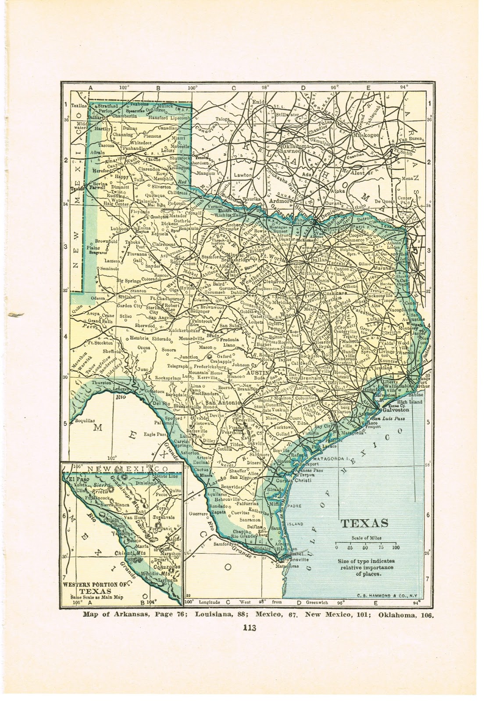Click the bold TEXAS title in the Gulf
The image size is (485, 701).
coord(364,523)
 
